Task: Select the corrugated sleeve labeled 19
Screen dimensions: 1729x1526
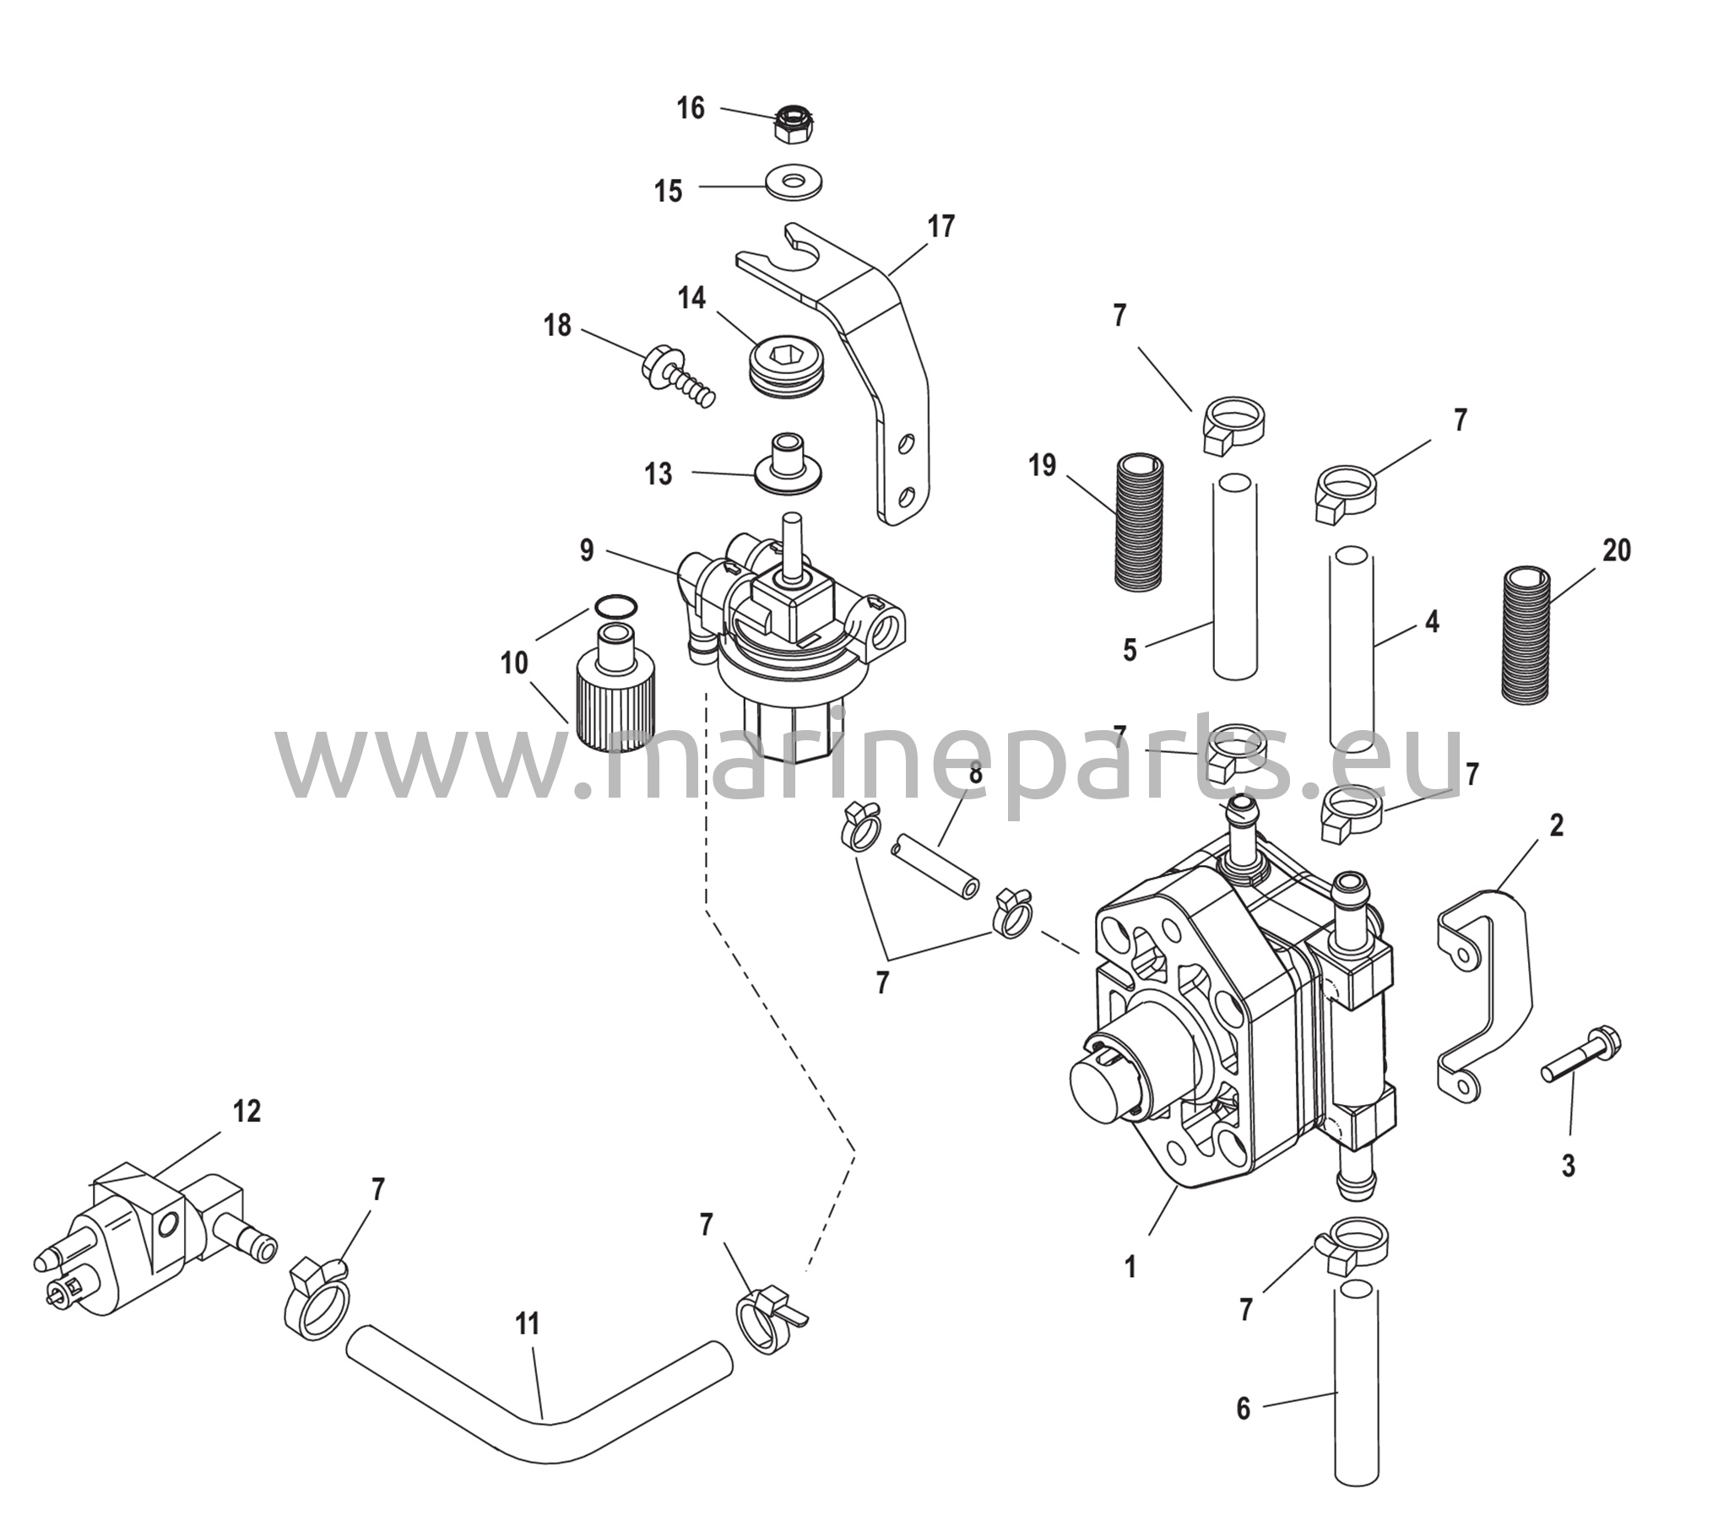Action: (1146, 521)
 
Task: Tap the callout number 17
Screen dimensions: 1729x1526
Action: (940, 227)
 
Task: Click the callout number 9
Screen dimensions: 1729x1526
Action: (587, 550)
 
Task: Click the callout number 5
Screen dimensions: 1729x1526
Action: (1130, 652)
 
